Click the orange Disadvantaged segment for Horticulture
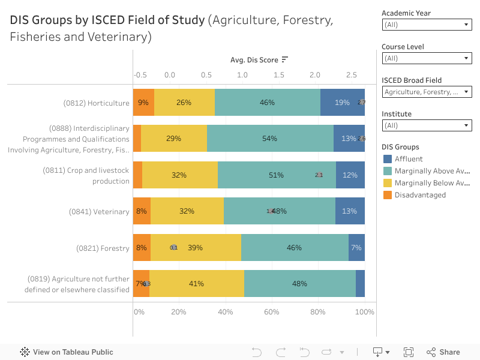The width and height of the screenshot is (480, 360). coord(143,103)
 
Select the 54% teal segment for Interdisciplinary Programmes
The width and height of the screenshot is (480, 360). coord(270,139)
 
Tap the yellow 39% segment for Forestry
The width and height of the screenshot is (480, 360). coord(196,247)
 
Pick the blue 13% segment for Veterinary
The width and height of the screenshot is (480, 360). coord(350,211)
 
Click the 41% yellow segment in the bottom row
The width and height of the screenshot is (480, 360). coord(197,284)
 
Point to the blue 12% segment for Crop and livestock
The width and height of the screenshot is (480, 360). coord(350,175)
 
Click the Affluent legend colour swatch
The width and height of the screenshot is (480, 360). coord(387,159)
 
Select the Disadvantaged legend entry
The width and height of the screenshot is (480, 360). coord(420,195)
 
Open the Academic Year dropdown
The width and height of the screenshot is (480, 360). coord(427,25)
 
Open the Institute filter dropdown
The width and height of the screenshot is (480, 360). coord(427,125)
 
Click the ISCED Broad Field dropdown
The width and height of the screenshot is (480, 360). coord(427,92)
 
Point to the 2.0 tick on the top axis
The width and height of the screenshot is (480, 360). coord(315,75)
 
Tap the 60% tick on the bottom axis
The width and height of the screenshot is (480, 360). coord(272,312)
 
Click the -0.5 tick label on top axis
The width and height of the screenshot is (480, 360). coord(140,75)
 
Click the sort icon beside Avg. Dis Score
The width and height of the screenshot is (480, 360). coord(285,59)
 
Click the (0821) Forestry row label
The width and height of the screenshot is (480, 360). coord(103,248)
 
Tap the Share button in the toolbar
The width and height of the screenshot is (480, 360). coord(443,352)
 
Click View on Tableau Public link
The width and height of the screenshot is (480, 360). coord(67,352)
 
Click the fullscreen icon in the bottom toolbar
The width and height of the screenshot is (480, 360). coord(409,352)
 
